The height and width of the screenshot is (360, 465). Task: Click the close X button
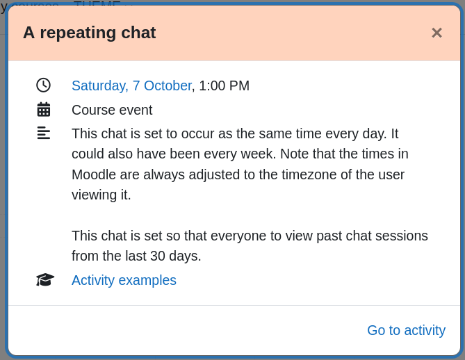437,33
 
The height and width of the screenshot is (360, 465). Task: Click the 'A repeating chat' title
89,33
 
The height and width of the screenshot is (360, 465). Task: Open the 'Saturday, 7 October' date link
132,85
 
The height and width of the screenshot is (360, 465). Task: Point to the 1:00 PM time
225,85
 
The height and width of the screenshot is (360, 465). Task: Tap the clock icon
44,85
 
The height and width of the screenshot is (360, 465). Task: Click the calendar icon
44,109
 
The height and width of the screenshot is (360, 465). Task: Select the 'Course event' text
112,110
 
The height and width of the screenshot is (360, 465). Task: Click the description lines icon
44,133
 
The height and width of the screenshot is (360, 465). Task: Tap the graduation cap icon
45,279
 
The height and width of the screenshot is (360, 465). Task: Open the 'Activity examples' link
124,280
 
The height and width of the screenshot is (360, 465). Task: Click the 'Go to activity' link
407,330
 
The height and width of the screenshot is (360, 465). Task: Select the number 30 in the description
158,256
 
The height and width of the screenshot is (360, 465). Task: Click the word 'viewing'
95,195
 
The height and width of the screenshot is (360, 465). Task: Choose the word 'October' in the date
168,85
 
